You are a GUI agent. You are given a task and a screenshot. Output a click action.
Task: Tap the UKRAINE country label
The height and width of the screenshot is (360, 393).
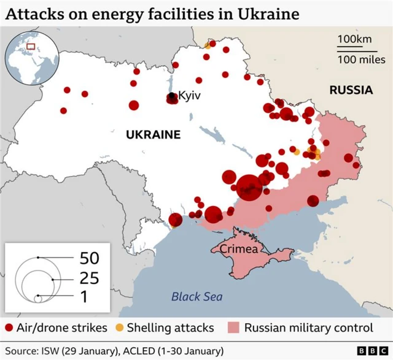click(153, 135)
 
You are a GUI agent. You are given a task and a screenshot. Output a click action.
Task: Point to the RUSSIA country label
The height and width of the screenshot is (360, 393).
click(351, 90)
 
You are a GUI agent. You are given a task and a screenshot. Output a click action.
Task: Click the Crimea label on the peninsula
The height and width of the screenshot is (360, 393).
click(239, 249)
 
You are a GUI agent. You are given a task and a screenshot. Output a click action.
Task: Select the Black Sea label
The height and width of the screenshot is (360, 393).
click(196, 297)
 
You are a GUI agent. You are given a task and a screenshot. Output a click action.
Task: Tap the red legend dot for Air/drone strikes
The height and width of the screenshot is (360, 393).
click(9, 327)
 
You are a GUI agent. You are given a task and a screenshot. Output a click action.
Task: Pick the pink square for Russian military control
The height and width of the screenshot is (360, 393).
click(233, 327)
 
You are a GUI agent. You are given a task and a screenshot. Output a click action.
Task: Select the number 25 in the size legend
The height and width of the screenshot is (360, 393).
click(88, 278)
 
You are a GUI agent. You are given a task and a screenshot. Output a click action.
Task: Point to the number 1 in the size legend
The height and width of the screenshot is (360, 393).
click(84, 297)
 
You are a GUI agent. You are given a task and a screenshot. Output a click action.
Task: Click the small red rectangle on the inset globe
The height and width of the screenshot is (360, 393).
click(30, 46)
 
